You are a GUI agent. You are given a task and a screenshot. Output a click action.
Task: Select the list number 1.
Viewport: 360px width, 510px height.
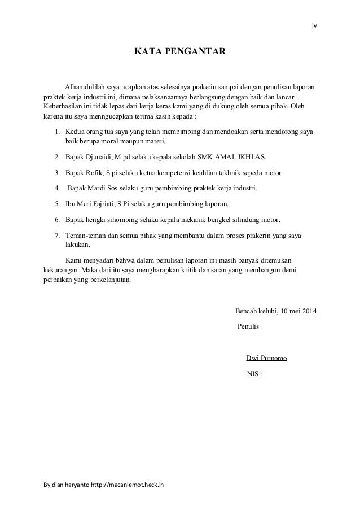pos(57,132)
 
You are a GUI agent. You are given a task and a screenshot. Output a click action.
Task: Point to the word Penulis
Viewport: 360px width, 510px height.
pos(249,326)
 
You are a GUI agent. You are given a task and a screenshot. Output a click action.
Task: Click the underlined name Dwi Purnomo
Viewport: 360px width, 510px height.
pos(267,358)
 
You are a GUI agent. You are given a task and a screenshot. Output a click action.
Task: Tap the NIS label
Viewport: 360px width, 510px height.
pos(254,374)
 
